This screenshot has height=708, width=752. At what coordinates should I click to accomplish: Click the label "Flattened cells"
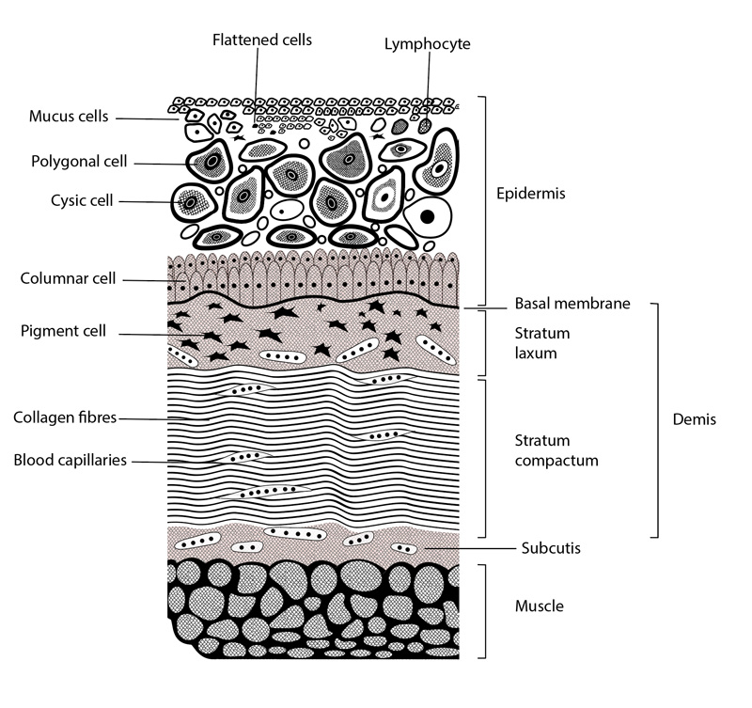[x=262, y=39]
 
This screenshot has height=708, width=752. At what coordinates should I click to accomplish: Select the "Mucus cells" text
[x=69, y=118]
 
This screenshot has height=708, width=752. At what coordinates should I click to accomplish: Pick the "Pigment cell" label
[x=63, y=332]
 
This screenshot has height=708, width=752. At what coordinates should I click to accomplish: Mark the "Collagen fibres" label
[x=65, y=417]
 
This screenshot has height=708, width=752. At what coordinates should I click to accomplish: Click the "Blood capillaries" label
[x=70, y=461]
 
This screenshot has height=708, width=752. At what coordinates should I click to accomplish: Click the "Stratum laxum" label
[x=542, y=343]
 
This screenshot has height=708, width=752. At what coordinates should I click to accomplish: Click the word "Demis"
[x=696, y=420]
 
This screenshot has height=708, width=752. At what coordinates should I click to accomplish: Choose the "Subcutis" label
[x=549, y=547]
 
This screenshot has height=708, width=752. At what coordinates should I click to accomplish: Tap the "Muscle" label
[x=539, y=606]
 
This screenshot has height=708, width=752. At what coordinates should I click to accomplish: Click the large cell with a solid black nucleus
[x=428, y=217]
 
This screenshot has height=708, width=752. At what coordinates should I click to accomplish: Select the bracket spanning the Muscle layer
[x=484, y=611]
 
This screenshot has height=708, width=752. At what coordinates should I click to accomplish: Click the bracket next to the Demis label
[x=655, y=420]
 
